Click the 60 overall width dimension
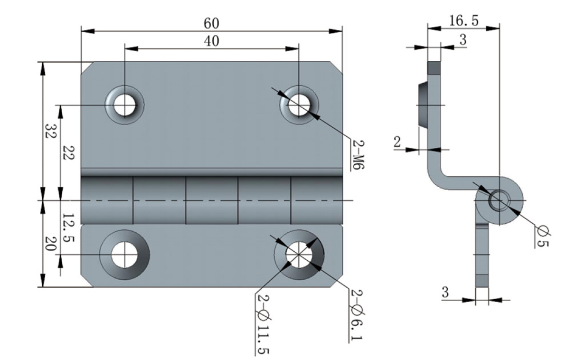[x=211, y=23]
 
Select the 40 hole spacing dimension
[x=211, y=41]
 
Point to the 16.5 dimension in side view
[x=463, y=21]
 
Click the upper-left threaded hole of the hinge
[x=125, y=104]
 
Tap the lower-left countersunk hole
[x=124, y=255]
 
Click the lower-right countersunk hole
[x=299, y=255]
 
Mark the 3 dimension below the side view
[x=445, y=293]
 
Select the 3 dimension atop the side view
[x=462, y=40]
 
